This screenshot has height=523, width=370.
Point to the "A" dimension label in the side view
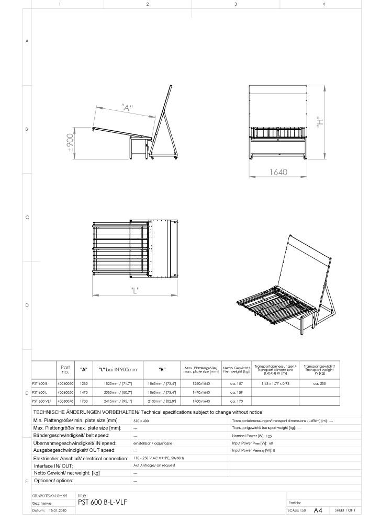pyautogui.click(x=126, y=108)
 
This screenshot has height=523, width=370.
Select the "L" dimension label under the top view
pyautogui.click(x=136, y=292)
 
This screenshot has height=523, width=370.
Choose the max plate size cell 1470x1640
pyautogui.click(x=200, y=392)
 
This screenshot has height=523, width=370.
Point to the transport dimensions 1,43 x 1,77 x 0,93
pyautogui.click(x=275, y=383)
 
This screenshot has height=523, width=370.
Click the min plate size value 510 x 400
pyautogui.click(x=141, y=420)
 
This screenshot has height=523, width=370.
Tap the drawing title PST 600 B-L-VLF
pyautogui.click(x=102, y=502)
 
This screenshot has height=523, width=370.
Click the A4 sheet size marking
pyautogui.click(x=318, y=510)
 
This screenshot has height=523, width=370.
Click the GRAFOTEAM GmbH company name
pyautogui.click(x=50, y=495)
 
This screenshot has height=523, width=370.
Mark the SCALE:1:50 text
pyautogui.click(x=297, y=510)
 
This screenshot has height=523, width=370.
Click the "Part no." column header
pyautogui.click(x=65, y=369)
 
